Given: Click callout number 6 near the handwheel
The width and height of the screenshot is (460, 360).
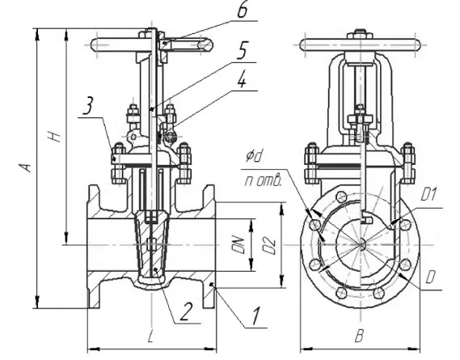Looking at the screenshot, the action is coord(242,10).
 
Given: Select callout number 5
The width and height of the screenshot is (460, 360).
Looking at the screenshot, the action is coord(243,50).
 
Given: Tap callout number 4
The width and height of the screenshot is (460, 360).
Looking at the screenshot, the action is coord(242,79).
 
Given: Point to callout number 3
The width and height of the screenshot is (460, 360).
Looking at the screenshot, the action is coord(88,106).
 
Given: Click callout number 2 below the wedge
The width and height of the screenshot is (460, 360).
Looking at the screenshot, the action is coord(186,311).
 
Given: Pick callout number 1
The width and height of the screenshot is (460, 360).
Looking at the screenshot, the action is coord(256,316).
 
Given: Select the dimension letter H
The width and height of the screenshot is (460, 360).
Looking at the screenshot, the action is coord(54,136).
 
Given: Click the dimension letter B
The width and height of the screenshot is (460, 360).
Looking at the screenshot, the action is coord(359,336).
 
